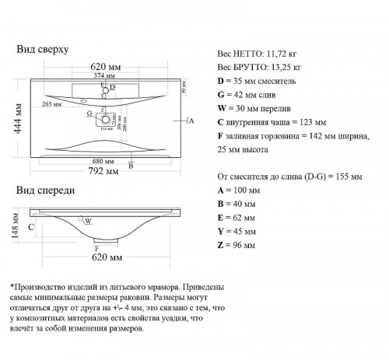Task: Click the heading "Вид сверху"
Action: (43, 49)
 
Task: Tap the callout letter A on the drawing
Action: (191, 122)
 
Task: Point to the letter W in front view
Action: (89, 221)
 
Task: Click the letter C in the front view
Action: (31, 227)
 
